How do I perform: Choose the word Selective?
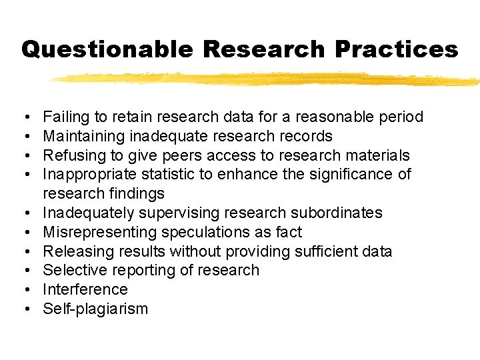(75, 271)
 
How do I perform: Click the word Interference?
(85, 289)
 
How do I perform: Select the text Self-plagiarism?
(95, 309)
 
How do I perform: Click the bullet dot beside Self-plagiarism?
(25, 309)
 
